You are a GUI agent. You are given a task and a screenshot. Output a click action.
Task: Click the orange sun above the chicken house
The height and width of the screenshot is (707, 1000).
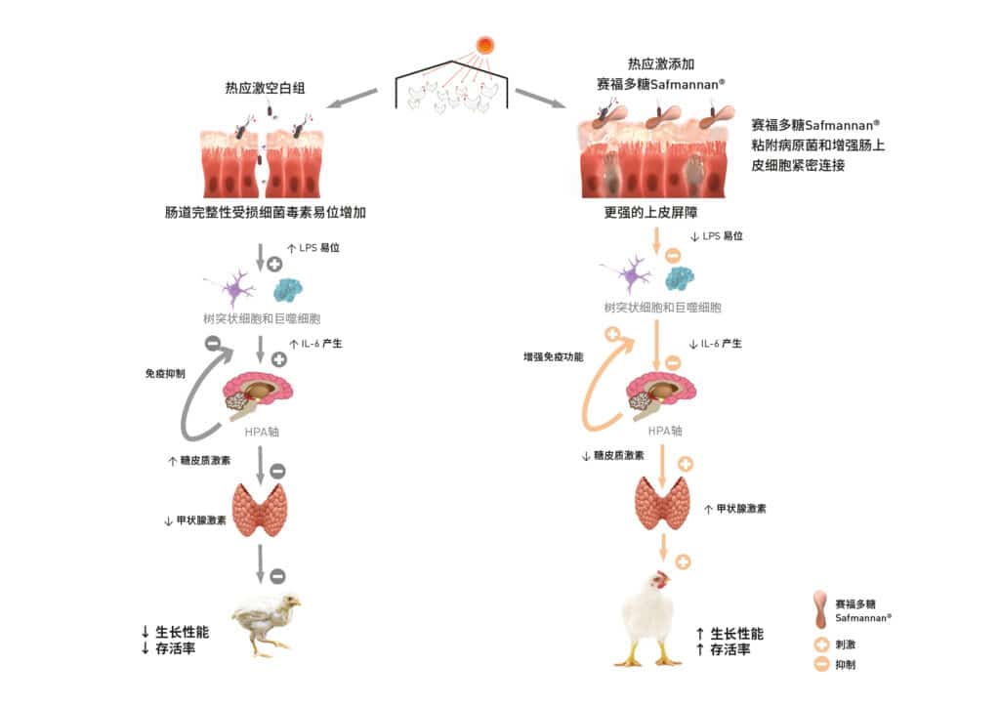(x=485, y=44)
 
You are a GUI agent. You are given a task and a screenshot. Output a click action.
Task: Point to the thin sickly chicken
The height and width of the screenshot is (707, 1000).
(x=264, y=621)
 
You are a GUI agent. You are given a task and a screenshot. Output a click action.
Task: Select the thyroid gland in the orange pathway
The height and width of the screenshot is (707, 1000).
(x=663, y=504)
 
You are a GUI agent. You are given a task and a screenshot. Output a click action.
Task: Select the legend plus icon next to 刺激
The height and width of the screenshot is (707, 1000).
(x=823, y=645)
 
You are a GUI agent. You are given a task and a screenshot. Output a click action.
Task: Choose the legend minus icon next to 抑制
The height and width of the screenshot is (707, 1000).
(x=823, y=665)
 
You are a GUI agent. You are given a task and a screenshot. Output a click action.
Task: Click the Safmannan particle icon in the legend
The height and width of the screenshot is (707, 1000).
(x=823, y=608)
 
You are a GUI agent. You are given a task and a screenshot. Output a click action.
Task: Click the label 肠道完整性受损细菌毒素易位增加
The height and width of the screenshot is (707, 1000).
(x=265, y=211)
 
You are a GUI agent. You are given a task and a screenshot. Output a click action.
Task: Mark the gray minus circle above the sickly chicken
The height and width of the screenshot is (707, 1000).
(x=277, y=576)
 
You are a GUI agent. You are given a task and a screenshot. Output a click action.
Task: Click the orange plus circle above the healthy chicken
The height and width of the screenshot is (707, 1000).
(x=683, y=561)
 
